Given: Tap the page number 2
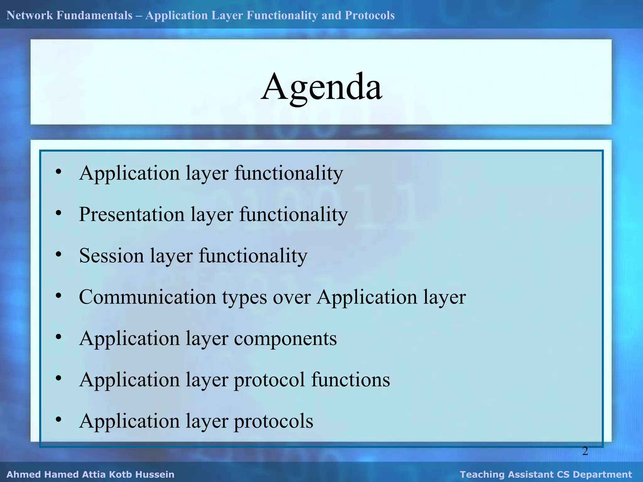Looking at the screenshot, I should (x=585, y=451).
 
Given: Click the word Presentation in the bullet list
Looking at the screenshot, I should (x=132, y=214).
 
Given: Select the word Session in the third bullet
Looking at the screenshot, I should (x=111, y=255).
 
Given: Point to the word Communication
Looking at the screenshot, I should (x=147, y=297).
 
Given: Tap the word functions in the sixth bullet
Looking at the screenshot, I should (x=350, y=379).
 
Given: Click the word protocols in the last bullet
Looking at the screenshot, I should (x=273, y=421).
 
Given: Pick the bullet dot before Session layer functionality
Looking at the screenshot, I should (x=58, y=254).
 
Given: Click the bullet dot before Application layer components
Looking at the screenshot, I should (x=58, y=337).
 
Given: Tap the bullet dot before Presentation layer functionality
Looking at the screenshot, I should (x=58, y=213).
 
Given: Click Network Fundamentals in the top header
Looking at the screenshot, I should (x=69, y=15).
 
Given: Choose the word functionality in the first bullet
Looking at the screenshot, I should (x=289, y=173).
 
